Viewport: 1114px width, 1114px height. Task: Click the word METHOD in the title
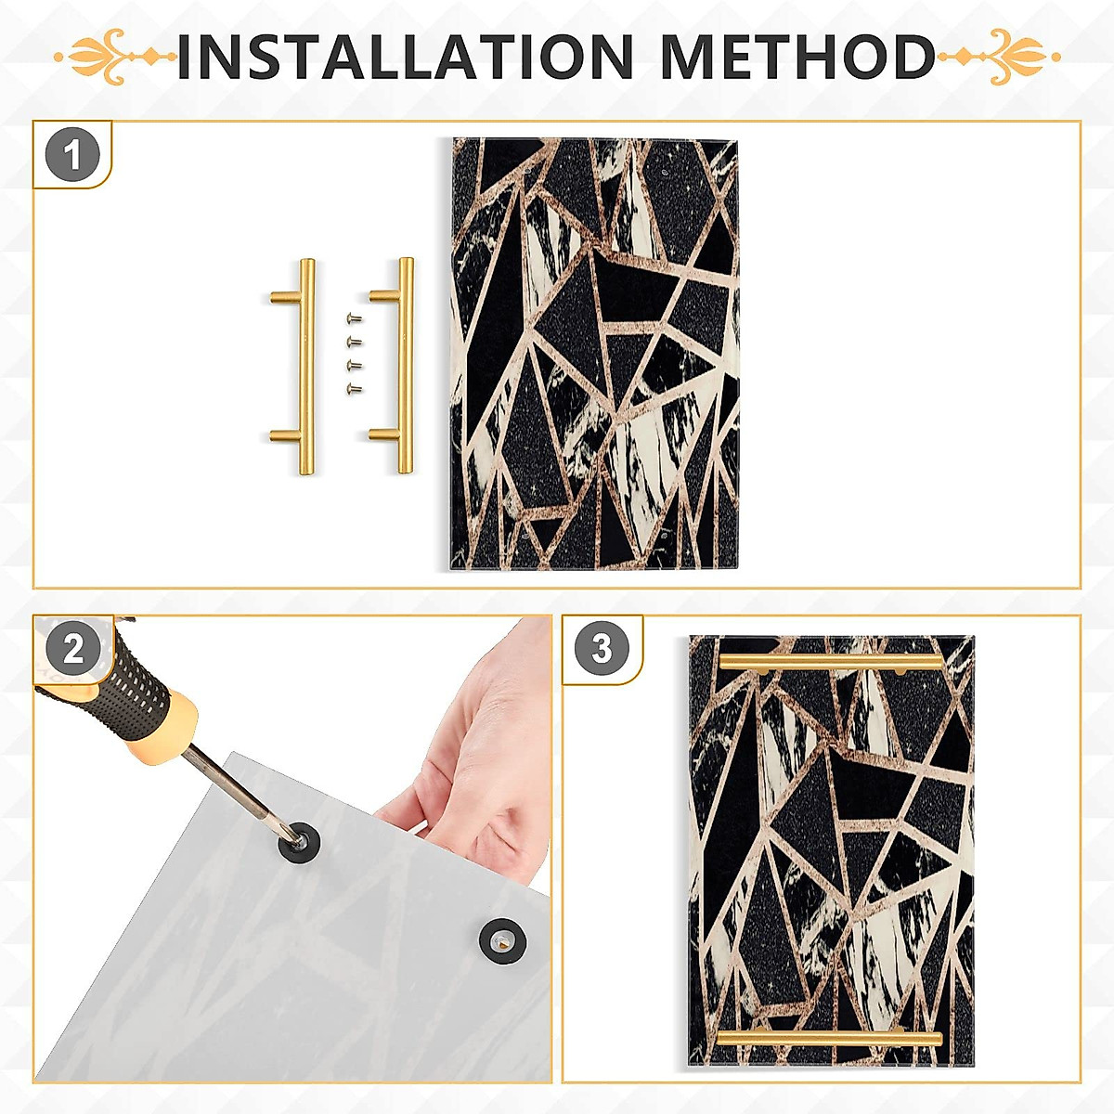pos(797,56)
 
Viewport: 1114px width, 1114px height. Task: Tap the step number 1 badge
pos(72,155)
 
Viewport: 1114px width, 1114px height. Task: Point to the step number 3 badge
pos(602,647)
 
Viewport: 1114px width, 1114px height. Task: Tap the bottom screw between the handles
pos(354,388)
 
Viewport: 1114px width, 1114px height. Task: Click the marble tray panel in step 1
pos(595,355)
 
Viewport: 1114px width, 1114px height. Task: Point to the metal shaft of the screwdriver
pos(243,797)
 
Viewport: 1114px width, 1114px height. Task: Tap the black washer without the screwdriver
pos(503,941)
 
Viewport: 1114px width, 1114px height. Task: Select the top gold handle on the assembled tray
pos(831,663)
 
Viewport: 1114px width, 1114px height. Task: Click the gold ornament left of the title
pos(116,57)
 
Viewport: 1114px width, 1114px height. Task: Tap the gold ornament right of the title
pos(999,57)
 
